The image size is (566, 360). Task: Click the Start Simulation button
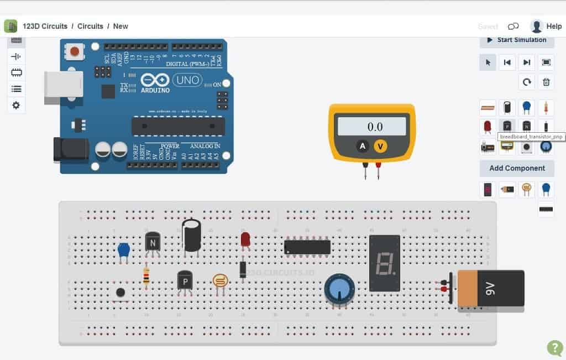tap(516, 40)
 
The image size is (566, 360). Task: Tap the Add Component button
tap(517, 168)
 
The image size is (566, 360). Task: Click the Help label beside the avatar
tap(554, 26)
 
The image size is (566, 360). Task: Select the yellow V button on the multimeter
tap(379, 146)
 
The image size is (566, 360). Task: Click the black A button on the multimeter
tap(363, 146)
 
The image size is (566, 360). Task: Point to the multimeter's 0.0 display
tap(375, 127)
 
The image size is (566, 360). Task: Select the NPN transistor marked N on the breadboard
tap(153, 242)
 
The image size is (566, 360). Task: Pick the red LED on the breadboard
tap(245, 239)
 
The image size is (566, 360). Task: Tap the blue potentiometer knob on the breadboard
tap(339, 288)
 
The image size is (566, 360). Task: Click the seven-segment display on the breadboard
tap(384, 263)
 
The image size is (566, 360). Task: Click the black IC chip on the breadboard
tap(307, 247)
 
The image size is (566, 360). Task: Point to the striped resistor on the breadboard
tap(146, 276)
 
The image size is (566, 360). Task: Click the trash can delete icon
tap(546, 82)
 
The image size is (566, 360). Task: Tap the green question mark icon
tap(554, 347)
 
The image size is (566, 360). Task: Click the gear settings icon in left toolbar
tap(16, 105)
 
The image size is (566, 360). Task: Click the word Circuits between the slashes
tap(90, 26)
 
